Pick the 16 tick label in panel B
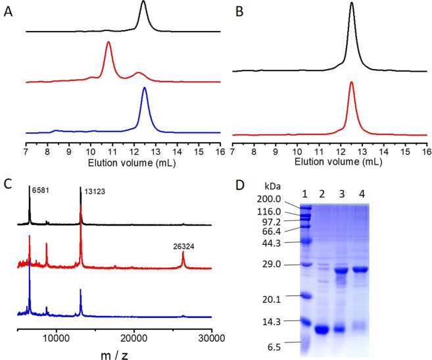coord(425,151)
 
